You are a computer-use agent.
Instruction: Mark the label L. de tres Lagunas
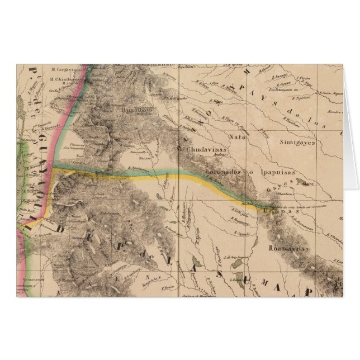pyautogui.click(x=234, y=256)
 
